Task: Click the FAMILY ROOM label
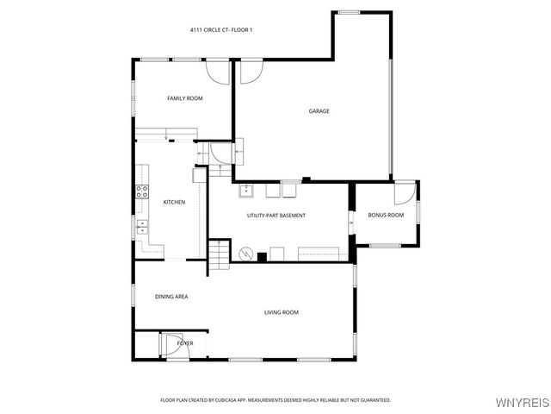[184, 98]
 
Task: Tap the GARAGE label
[319, 110]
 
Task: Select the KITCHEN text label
[174, 202]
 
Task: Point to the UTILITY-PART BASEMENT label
[276, 215]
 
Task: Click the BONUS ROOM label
[386, 215]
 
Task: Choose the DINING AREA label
[171, 297]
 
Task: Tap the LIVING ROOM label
[281, 312]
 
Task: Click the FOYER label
[185, 343]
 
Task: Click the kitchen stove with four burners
[141, 191]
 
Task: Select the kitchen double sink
[140, 228]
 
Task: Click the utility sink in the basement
[245, 190]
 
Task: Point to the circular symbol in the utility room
[245, 254]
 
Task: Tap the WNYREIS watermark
[522, 403]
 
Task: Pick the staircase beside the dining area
[220, 254]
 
